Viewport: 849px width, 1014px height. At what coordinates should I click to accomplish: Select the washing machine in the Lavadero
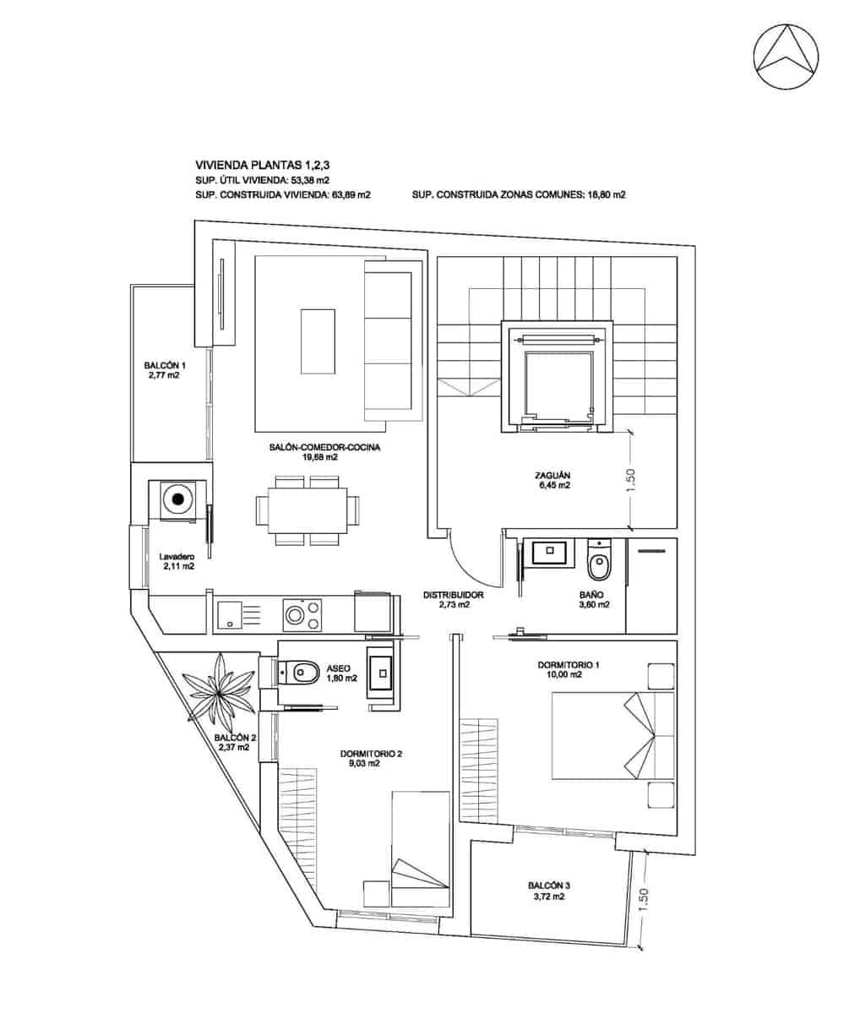tap(177, 499)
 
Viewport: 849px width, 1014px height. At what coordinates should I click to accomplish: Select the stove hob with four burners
tap(302, 613)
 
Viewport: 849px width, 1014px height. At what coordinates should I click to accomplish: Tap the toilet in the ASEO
tap(302, 673)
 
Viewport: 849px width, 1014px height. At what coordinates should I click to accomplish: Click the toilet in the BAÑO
tap(599, 563)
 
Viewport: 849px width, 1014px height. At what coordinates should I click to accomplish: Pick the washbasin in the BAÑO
tap(549, 553)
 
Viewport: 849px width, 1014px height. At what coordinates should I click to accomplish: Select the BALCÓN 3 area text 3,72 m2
tap(547, 897)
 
